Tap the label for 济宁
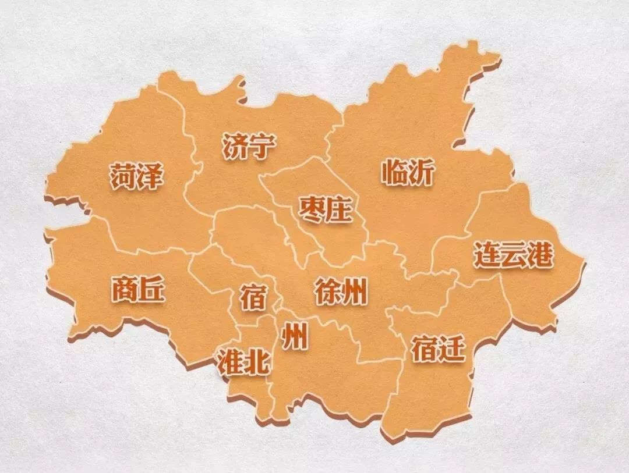tap(249, 146)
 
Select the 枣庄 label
tap(326, 209)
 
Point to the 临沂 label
tap(408, 172)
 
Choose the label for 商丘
tap(138, 289)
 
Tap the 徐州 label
tap(341, 290)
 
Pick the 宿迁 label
tap(438, 349)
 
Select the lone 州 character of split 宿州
tap(295, 336)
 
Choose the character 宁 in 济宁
tap(262, 146)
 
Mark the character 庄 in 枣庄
tap(340, 209)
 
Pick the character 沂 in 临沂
tap(422, 172)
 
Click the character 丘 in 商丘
tap(152, 289)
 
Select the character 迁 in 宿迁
tap(452, 349)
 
